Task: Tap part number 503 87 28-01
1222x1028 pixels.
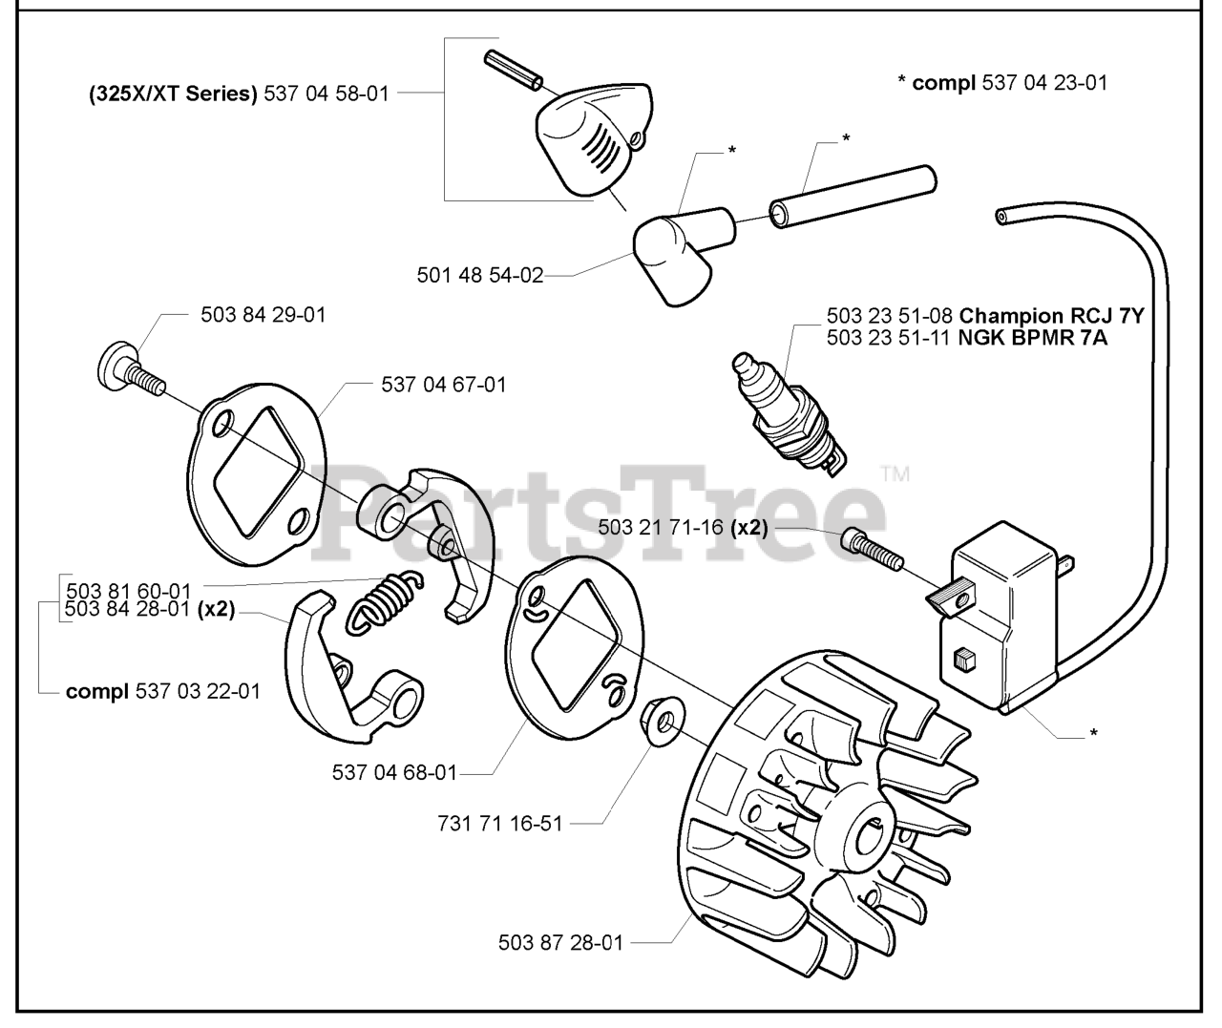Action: (x=560, y=942)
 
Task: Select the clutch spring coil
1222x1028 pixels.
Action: (x=382, y=601)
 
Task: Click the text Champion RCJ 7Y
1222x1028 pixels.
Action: (x=1051, y=316)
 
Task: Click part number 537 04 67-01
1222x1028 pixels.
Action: (x=444, y=385)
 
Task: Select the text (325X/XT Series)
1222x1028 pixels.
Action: (x=173, y=94)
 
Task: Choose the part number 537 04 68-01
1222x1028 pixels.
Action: (x=394, y=772)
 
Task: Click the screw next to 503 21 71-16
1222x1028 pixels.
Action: (x=871, y=551)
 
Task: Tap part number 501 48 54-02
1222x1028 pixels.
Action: (x=479, y=275)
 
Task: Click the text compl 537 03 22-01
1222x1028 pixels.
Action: (x=162, y=691)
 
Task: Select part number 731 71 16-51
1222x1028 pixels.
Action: (x=499, y=823)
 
